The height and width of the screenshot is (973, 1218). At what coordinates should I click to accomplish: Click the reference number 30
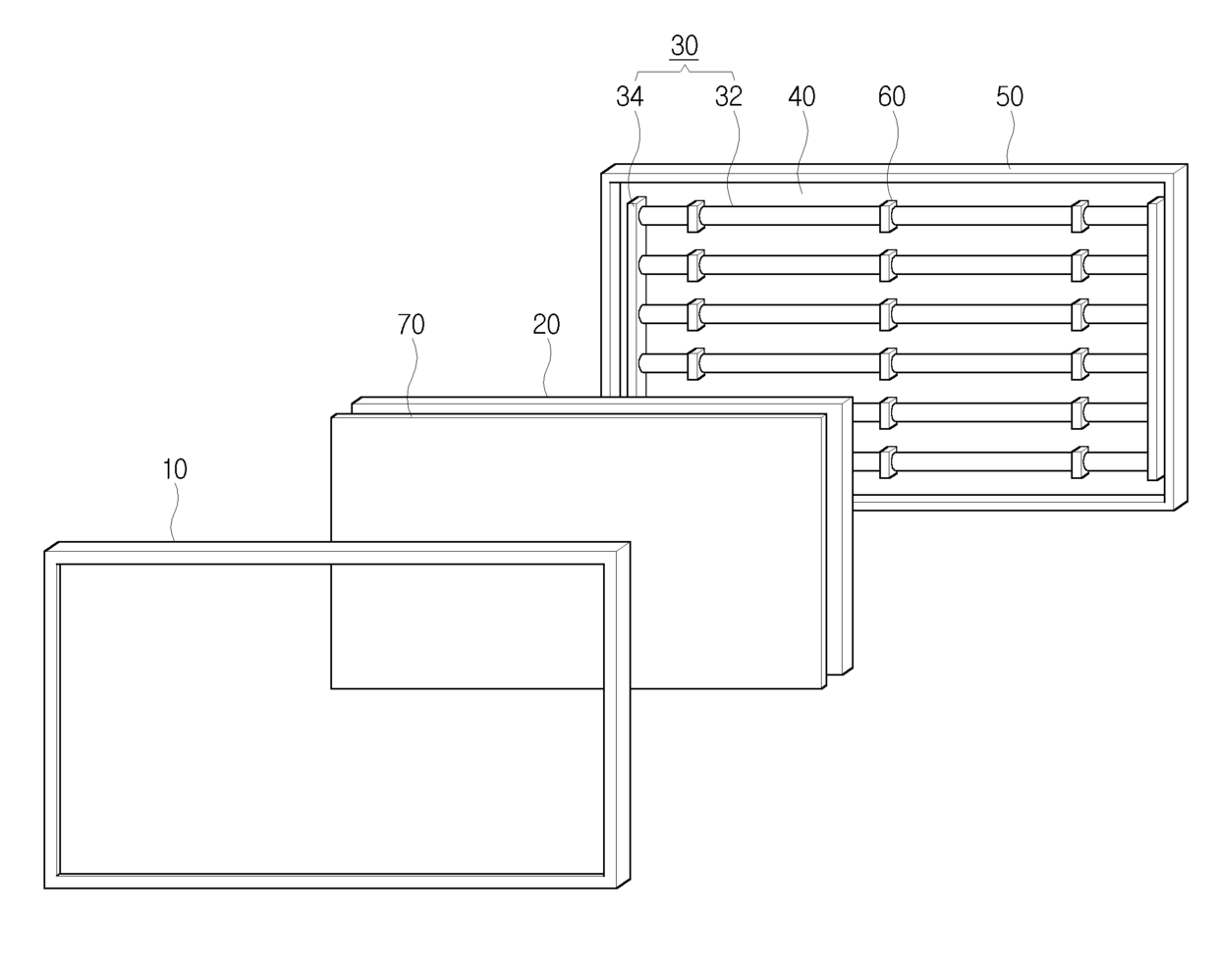click(x=685, y=47)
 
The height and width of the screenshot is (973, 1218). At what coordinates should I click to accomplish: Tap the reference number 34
click(x=630, y=96)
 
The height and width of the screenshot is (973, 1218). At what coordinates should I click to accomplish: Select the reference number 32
click(x=729, y=96)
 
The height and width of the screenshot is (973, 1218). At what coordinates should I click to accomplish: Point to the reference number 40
click(x=802, y=96)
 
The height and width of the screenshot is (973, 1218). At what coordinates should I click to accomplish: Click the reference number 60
click(x=891, y=96)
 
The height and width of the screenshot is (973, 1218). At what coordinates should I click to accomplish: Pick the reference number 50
click(x=1010, y=96)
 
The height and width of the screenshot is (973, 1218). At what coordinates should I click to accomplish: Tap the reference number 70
click(x=412, y=325)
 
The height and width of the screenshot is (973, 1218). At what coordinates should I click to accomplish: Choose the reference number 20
click(x=546, y=325)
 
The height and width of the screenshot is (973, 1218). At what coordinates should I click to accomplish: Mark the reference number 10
click(x=174, y=469)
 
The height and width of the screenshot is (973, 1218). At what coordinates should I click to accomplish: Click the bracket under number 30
click(x=685, y=73)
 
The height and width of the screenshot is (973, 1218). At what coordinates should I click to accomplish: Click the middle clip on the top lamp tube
click(x=888, y=216)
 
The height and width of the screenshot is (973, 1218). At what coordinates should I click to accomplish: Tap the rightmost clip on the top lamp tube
click(x=1080, y=216)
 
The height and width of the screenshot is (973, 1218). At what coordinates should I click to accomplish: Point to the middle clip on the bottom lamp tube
click(x=888, y=461)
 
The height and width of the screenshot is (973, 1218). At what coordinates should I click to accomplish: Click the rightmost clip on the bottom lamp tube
click(x=1080, y=461)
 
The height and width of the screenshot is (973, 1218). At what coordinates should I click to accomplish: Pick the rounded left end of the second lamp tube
click(x=643, y=265)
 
